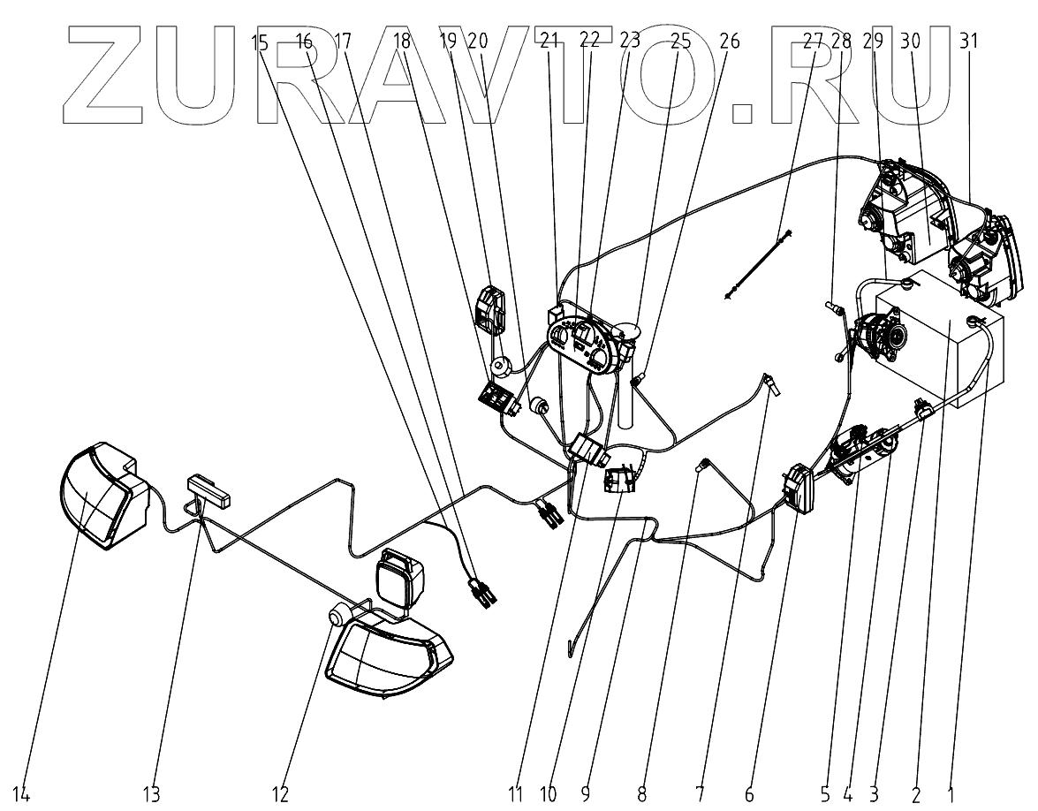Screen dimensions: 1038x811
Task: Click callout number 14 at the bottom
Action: [x=21, y=795]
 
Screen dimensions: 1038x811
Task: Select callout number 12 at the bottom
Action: [x=281, y=795]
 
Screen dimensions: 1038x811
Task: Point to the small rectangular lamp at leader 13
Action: [x=209, y=489]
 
